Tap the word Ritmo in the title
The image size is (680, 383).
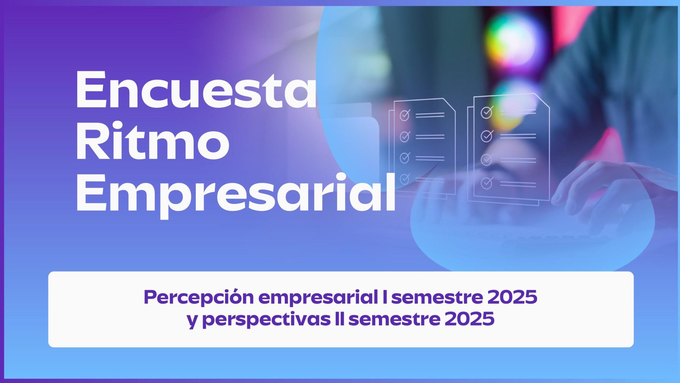tap(153, 141)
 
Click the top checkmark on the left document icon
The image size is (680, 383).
tap(405, 115)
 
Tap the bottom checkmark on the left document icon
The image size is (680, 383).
tap(405, 178)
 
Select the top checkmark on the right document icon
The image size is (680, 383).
tap(487, 112)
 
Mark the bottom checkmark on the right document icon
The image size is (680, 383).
tap(487, 183)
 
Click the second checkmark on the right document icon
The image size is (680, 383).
tap(487, 136)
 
